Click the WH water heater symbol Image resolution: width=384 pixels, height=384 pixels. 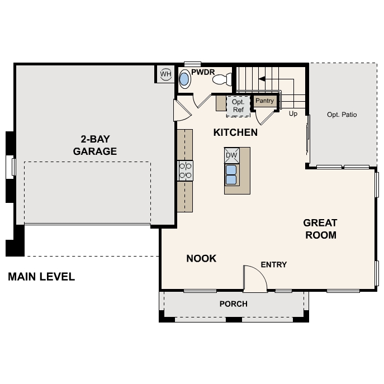click(x=165, y=74)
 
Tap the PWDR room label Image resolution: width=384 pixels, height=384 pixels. click(x=203, y=72)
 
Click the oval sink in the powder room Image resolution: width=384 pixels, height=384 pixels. click(x=185, y=80)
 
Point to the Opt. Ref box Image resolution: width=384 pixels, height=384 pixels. click(x=238, y=106)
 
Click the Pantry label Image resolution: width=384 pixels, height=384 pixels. click(x=264, y=101)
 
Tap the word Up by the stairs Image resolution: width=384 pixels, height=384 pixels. click(x=293, y=113)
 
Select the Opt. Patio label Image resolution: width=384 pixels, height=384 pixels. click(x=342, y=115)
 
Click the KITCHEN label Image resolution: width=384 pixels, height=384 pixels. click(x=235, y=132)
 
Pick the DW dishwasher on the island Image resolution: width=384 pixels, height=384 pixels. click(x=231, y=155)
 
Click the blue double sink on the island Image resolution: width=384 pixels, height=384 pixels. click(x=231, y=174)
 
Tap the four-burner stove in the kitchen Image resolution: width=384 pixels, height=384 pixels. click(x=185, y=170)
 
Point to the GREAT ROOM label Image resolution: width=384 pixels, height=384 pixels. click(x=320, y=229)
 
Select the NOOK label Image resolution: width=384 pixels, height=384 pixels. click(x=201, y=258)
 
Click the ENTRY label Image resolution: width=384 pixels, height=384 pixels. click(x=274, y=264)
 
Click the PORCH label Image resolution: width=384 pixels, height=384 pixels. click(x=233, y=304)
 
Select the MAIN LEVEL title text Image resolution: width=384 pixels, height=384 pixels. click(x=41, y=277)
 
